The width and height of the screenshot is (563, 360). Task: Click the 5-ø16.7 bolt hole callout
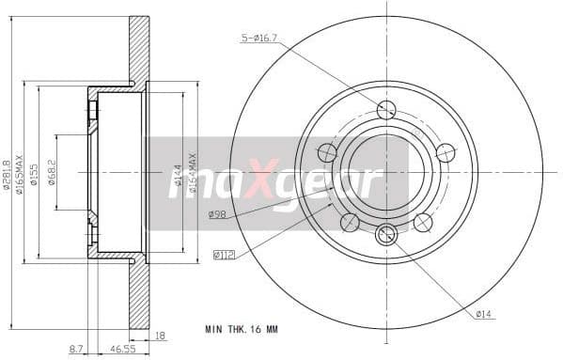click(x=261, y=39)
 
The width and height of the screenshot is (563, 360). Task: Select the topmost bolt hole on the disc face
click(x=386, y=109)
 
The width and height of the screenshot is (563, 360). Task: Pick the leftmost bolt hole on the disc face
click(x=327, y=152)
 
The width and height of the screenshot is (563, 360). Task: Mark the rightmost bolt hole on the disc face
click(x=446, y=152)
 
